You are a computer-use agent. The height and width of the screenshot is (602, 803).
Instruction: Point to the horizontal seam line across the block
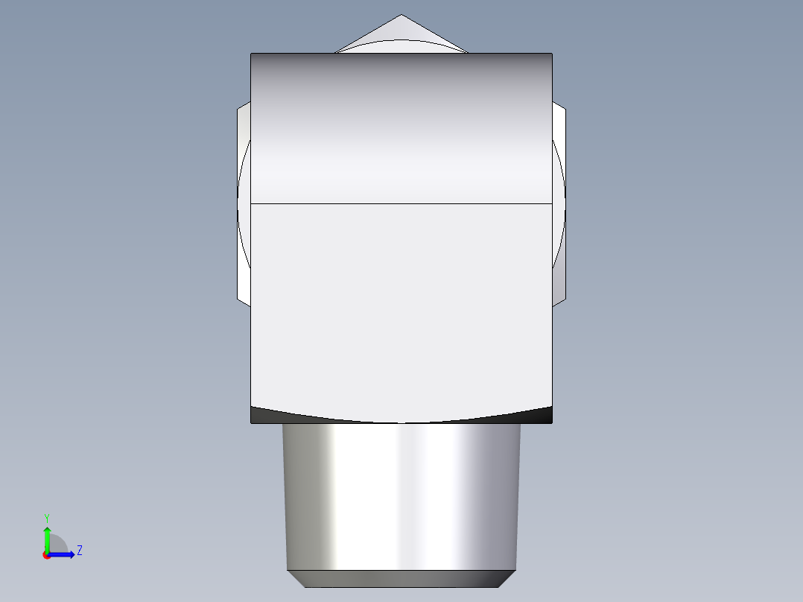[401, 203]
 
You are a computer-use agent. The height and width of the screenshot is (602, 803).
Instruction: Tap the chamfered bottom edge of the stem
[401, 578]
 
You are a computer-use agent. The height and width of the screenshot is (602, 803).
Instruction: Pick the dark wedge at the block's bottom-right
[540, 414]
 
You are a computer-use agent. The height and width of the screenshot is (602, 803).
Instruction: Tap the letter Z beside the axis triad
[79, 551]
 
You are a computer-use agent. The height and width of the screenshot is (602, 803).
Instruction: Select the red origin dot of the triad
[47, 555]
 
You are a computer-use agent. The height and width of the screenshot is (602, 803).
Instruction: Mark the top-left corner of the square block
[251, 54]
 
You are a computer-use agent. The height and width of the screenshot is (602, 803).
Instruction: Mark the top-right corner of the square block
[552, 54]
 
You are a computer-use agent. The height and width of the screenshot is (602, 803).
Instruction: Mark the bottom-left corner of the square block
[251, 423]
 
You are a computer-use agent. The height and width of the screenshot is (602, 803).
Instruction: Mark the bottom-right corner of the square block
[552, 423]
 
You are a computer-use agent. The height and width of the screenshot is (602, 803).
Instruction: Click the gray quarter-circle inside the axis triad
[58, 545]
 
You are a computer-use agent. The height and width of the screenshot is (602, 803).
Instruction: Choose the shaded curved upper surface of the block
[401, 127]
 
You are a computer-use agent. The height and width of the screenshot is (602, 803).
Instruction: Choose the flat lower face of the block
[401, 305]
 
